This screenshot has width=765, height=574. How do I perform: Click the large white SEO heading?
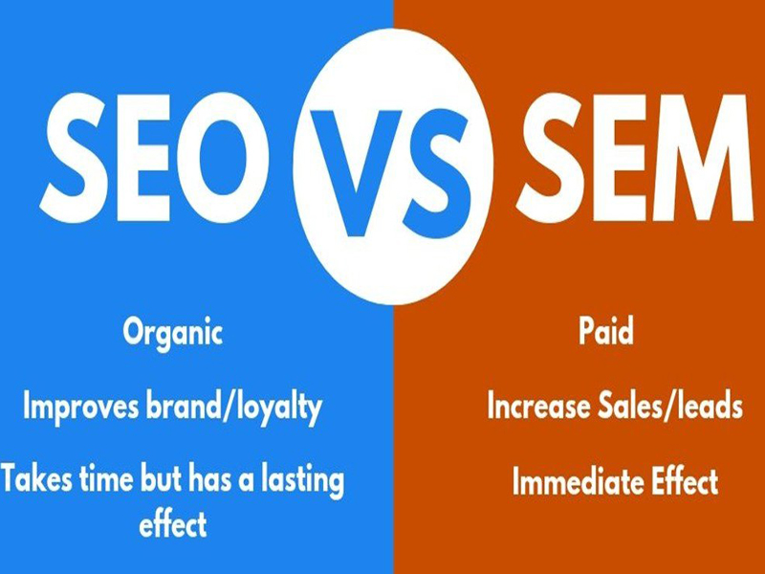tap(154, 158)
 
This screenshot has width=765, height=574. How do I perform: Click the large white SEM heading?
tap(634, 157)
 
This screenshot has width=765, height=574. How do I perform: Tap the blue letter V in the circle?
tap(357, 173)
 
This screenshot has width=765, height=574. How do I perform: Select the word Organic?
tap(173, 333)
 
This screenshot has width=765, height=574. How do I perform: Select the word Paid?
tap(606, 330)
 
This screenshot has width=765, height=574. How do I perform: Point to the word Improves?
tap(81, 408)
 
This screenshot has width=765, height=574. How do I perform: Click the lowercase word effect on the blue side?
tap(173, 524)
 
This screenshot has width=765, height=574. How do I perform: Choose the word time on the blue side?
tap(105, 479)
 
